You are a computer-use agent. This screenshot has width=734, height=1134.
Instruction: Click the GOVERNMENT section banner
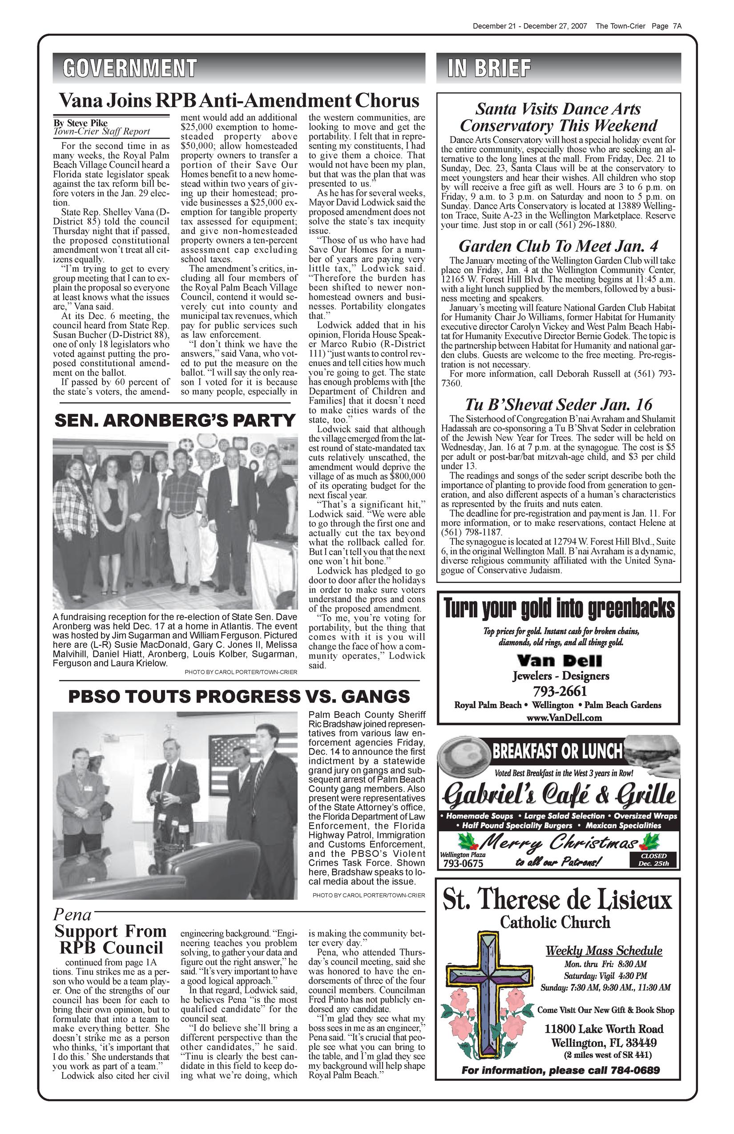coord(129,68)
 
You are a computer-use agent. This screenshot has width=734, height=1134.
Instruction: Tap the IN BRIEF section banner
coord(489,68)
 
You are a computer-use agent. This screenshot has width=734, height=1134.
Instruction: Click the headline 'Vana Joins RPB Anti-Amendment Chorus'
coord(238,101)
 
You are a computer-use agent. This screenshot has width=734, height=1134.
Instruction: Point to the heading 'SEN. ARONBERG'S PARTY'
coord(175,421)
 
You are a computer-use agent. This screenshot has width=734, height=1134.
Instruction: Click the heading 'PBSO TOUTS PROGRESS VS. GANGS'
coord(239,696)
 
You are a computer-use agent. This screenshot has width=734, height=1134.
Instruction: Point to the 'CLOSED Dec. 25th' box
coord(653,860)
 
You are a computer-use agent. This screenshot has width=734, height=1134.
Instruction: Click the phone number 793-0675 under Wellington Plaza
coord(463,863)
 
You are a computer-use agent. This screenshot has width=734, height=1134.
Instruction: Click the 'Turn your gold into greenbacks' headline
coord(559,609)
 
